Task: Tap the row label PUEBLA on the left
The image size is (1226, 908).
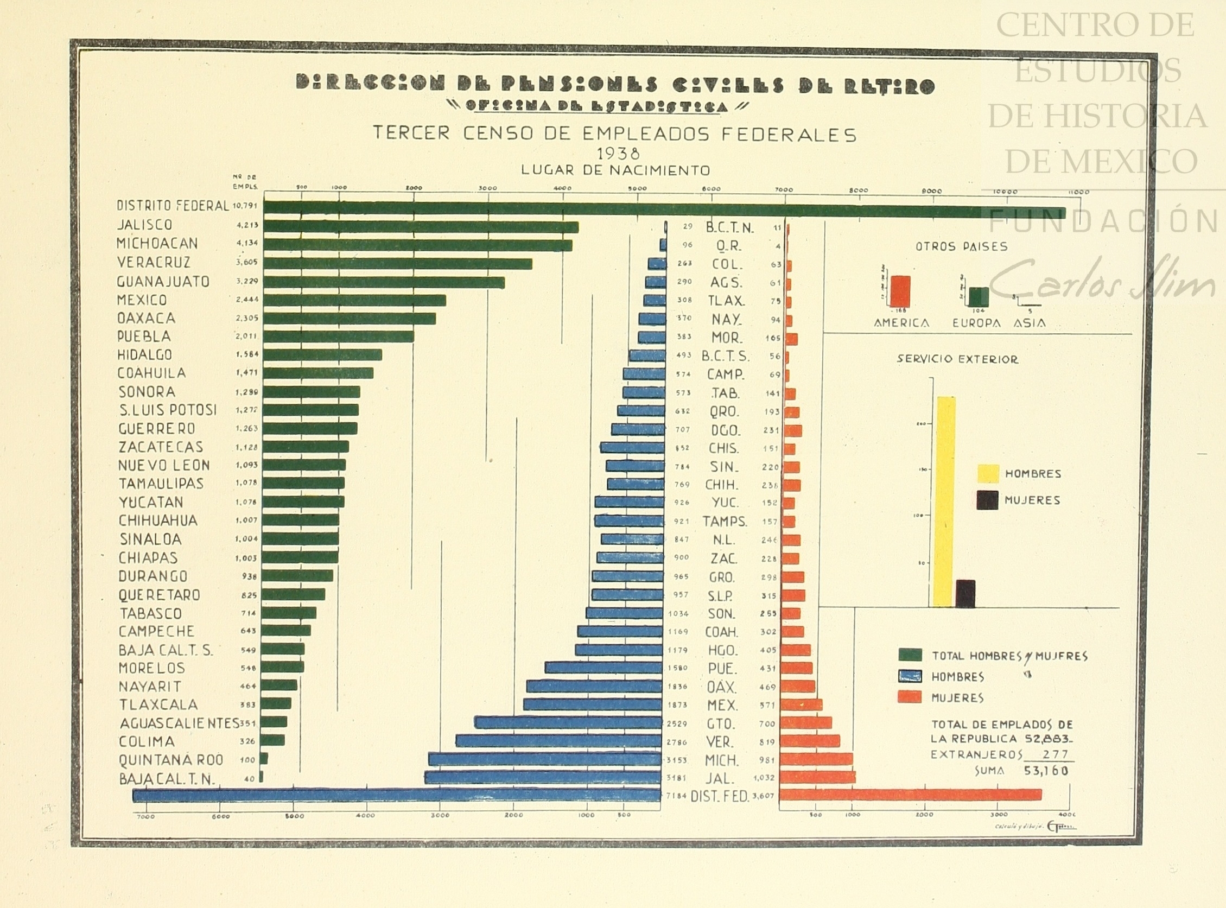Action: click(x=144, y=336)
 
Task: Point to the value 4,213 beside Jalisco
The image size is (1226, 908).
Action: click(x=247, y=225)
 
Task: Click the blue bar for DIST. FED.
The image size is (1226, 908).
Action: click(x=396, y=795)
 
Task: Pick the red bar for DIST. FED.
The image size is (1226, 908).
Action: click(x=910, y=795)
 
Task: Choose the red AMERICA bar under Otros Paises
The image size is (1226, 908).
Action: click(x=900, y=291)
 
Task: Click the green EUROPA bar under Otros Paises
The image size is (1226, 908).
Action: click(x=978, y=297)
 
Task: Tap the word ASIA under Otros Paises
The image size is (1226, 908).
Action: click(x=1030, y=323)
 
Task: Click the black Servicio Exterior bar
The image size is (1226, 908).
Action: click(x=965, y=594)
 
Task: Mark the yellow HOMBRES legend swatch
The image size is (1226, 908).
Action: click(x=988, y=474)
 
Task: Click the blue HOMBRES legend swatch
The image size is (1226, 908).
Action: click(x=910, y=676)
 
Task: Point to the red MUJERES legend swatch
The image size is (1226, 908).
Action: click(x=910, y=697)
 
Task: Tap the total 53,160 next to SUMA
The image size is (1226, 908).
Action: click(x=1046, y=771)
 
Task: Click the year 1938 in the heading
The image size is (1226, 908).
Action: click(x=618, y=153)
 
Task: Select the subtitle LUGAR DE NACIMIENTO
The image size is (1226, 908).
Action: click(x=615, y=170)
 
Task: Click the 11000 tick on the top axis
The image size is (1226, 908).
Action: click(x=1078, y=192)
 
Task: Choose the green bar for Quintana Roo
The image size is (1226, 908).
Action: click(x=264, y=759)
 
